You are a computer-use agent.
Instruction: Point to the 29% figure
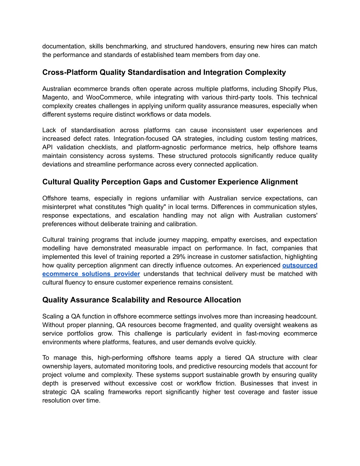click(179, 257)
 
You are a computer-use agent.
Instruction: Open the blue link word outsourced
click(300, 265)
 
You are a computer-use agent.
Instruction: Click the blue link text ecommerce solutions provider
click(91, 274)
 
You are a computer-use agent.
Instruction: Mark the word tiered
click(233, 358)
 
